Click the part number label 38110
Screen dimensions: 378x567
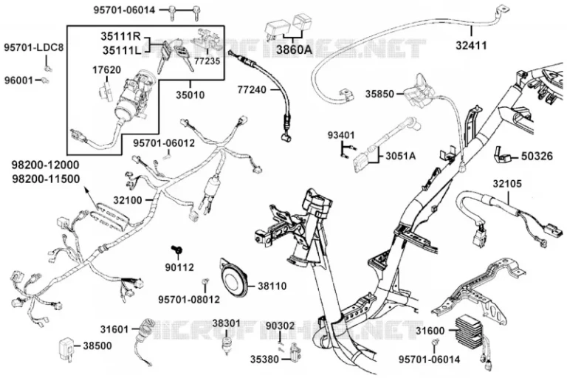click(x=272, y=286)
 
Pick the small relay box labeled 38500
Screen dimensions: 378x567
click(x=66, y=346)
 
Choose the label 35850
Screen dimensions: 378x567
click(x=380, y=94)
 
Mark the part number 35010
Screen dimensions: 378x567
click(x=190, y=95)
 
